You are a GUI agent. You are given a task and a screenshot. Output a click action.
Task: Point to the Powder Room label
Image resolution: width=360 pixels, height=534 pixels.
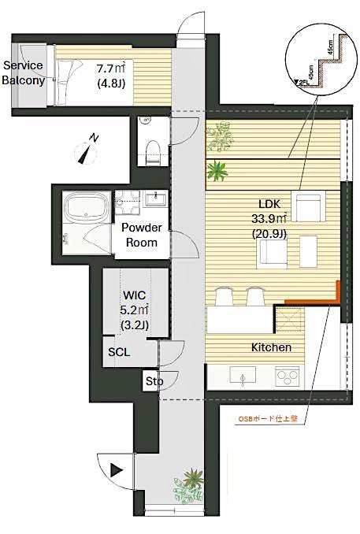point(142,235)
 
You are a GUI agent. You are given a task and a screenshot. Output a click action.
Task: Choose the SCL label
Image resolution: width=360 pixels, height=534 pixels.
point(120,353)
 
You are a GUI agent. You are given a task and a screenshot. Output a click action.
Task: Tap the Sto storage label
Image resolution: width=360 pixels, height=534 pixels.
point(152,382)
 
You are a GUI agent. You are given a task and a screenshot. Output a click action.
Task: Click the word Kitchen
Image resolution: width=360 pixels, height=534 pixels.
point(272,347)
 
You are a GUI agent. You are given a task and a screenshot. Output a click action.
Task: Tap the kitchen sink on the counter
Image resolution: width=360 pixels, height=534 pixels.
point(239,376)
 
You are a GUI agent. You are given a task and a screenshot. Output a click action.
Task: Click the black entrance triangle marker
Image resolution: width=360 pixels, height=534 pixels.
point(117,472)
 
